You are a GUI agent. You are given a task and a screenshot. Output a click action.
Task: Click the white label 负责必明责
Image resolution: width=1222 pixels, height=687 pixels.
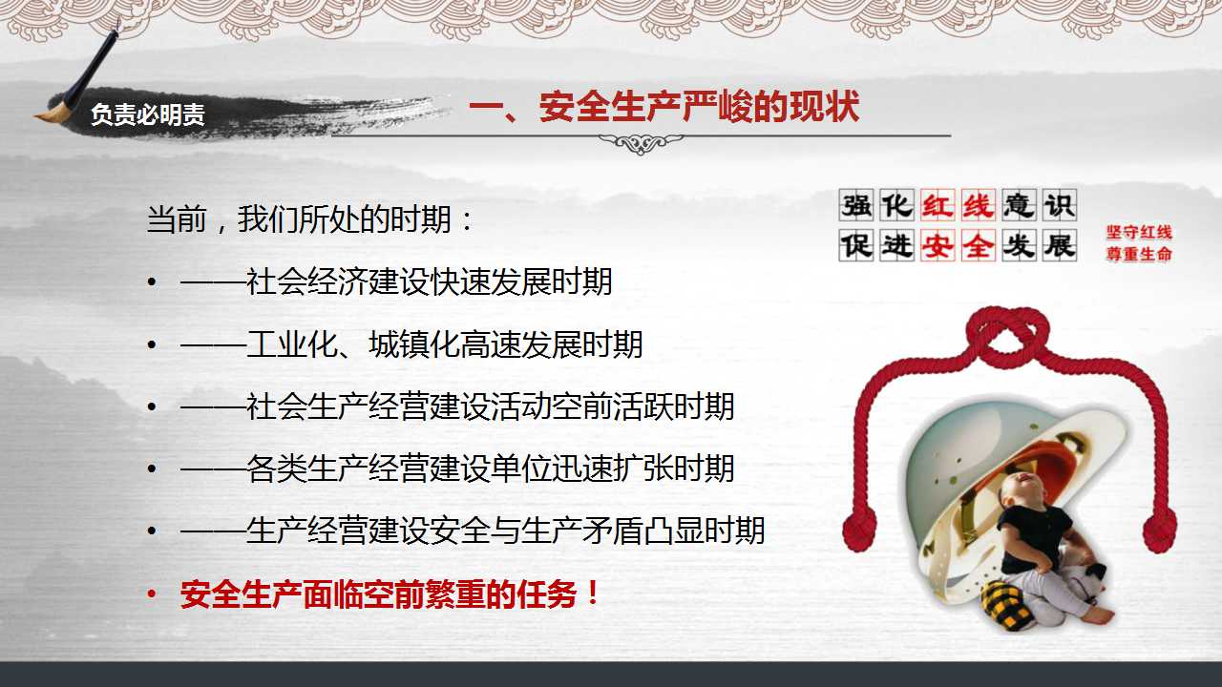[147, 114]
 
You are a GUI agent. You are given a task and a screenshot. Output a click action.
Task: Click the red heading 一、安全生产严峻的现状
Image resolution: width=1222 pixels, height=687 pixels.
[664, 106]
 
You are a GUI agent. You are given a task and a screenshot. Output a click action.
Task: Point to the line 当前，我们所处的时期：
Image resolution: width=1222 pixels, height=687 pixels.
[310, 219]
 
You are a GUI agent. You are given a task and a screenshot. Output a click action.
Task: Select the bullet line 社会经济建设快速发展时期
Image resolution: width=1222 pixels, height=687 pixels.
[396, 281]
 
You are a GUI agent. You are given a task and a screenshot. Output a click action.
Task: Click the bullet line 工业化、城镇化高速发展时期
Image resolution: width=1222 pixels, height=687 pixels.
[411, 344]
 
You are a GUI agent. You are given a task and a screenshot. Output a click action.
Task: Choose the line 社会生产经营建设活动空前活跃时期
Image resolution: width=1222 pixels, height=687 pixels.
[457, 406]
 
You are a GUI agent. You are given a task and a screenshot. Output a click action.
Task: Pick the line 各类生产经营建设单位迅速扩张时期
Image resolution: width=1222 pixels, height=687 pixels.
[457, 468]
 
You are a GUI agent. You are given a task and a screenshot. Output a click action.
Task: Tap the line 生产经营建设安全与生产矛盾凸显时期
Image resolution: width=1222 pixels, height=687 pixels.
[473, 531]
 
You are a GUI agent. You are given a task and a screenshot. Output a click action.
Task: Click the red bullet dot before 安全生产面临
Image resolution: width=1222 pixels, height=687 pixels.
[152, 593]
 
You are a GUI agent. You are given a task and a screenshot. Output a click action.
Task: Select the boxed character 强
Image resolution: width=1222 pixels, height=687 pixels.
[856, 205]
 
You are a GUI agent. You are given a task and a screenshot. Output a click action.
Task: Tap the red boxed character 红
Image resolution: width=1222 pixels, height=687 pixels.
[938, 205]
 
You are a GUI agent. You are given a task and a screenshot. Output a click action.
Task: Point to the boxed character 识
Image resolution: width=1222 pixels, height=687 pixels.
[1060, 205]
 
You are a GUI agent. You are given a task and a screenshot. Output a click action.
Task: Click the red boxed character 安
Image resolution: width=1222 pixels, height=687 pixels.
[938, 245]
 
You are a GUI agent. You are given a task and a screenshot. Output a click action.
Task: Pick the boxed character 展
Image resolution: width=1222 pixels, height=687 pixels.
[1060, 245]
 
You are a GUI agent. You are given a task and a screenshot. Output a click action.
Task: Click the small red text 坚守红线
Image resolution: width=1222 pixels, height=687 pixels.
[1139, 233]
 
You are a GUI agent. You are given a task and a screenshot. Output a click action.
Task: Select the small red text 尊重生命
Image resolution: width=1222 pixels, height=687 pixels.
[1139, 254]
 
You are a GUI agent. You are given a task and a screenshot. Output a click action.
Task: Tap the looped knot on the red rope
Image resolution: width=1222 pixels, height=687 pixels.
[1007, 334]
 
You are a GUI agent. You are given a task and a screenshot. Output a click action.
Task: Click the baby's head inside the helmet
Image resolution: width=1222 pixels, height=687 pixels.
[1019, 489]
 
